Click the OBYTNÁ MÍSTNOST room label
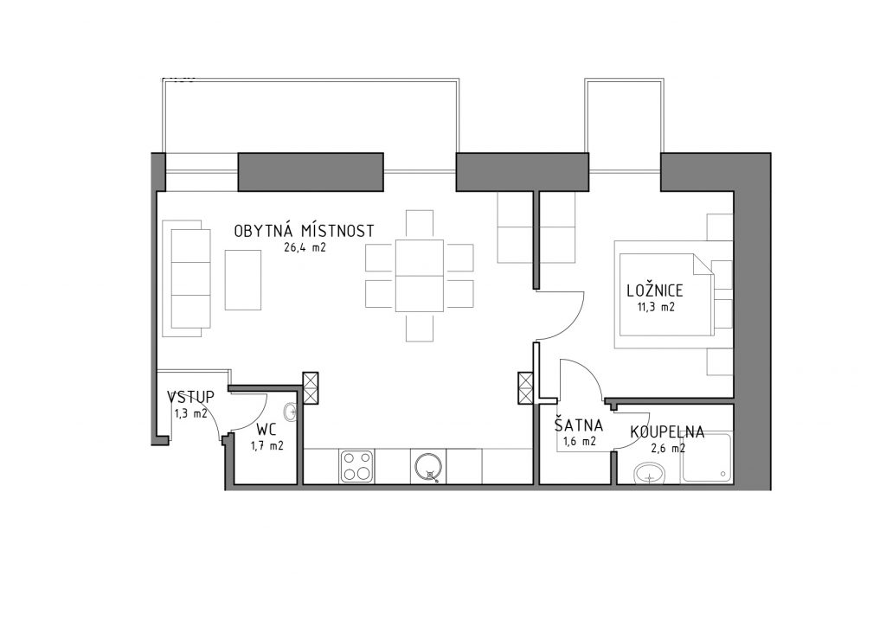click(304, 230)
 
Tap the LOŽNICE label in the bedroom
click(655, 291)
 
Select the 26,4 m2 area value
click(305, 247)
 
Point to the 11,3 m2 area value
click(655, 308)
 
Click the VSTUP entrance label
click(191, 397)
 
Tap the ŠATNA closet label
click(579, 425)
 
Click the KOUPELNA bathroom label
click(667, 432)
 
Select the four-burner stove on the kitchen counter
click(356, 466)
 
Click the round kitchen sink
click(429, 468)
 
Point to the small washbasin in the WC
click(291, 412)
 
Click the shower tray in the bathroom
click(707, 457)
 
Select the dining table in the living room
click(420, 276)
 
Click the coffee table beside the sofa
click(243, 280)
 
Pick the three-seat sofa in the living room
click(187, 279)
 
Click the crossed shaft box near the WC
click(311, 388)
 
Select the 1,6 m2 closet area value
click(579, 442)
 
